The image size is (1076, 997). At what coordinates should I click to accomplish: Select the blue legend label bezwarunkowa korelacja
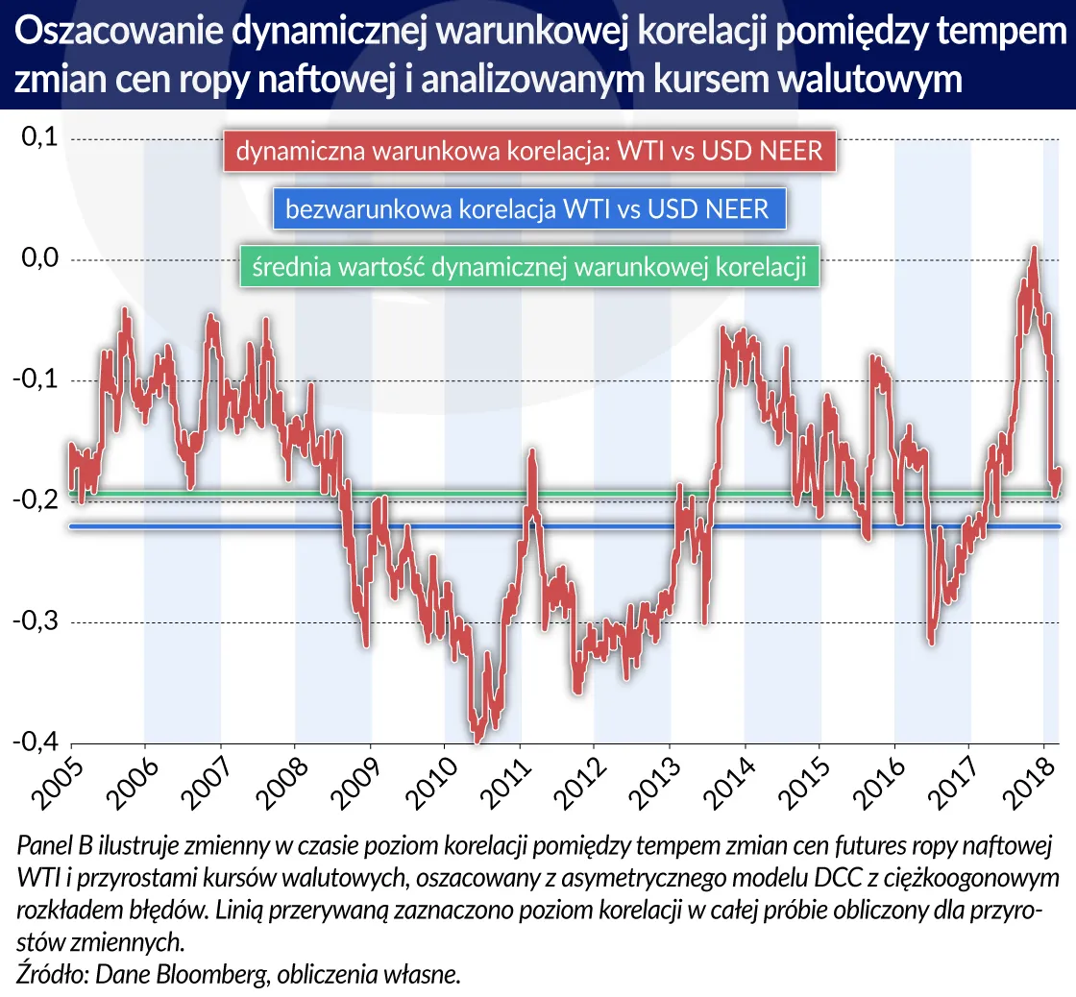528,208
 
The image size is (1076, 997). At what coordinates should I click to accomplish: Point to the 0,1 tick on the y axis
39,138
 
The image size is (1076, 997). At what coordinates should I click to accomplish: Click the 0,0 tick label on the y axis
39,259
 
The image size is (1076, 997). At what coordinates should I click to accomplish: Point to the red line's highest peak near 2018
1034,249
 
